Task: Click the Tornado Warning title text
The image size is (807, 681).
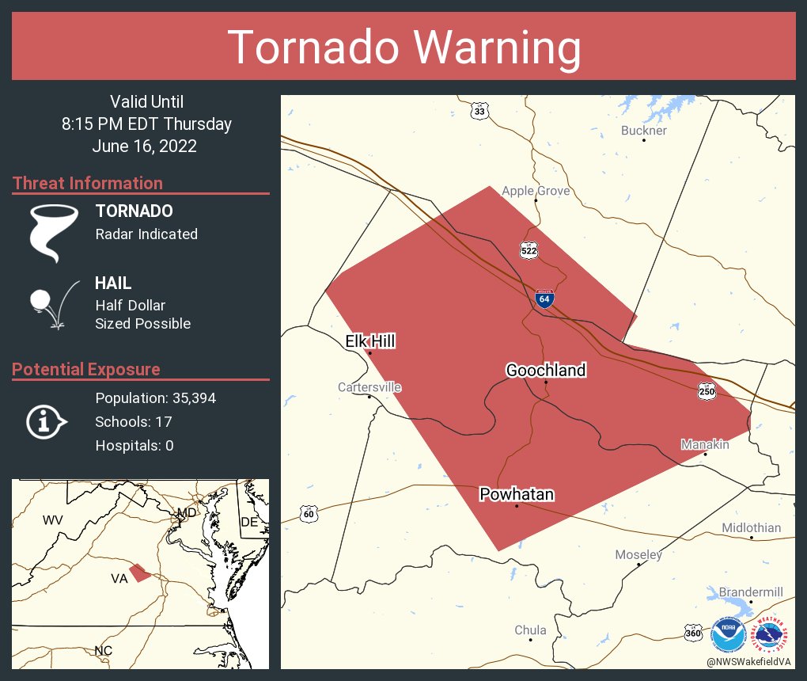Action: click(x=403, y=48)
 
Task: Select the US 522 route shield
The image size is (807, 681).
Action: click(x=529, y=250)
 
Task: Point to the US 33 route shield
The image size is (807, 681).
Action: click(x=479, y=112)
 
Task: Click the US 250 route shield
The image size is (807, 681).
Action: click(x=707, y=390)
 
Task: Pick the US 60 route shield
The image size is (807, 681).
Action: click(x=309, y=514)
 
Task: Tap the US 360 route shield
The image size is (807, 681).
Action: click(x=693, y=634)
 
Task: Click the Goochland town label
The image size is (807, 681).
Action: click(x=546, y=370)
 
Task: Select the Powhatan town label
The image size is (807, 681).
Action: click(x=517, y=495)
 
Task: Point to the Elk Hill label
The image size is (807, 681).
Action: click(x=370, y=341)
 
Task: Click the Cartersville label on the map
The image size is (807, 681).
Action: click(x=369, y=387)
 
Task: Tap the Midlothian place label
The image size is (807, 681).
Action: click(x=751, y=527)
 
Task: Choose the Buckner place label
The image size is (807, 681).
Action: click(x=643, y=131)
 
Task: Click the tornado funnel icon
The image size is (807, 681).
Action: click(x=54, y=233)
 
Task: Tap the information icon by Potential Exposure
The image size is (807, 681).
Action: click(x=45, y=421)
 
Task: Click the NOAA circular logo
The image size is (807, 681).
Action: click(x=727, y=634)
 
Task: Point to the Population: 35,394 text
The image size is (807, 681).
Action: click(x=155, y=398)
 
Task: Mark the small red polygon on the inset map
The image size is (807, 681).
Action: click(x=139, y=573)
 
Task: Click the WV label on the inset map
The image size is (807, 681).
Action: click(x=52, y=520)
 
